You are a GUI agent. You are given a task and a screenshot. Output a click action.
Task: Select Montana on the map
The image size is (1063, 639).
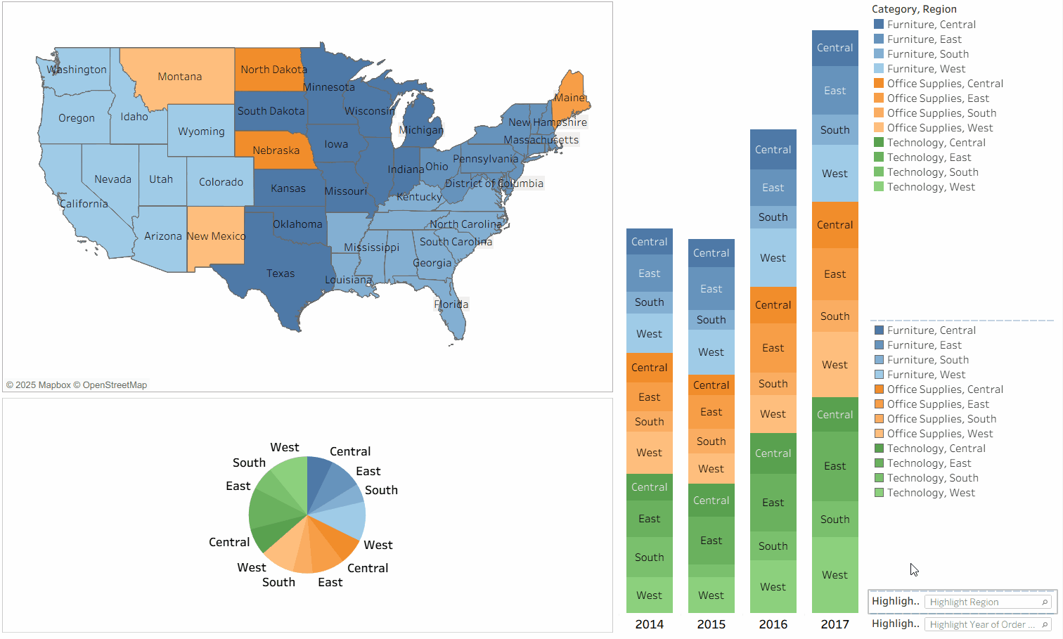(180, 77)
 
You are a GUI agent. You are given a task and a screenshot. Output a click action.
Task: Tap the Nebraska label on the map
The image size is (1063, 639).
(276, 150)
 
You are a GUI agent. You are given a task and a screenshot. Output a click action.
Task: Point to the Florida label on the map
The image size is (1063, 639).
(451, 304)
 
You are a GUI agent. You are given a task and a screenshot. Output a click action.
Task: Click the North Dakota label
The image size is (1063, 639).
(273, 70)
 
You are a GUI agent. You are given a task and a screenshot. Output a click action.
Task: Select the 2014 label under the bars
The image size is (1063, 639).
(649, 624)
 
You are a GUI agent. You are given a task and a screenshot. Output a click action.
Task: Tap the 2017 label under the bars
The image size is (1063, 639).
(835, 624)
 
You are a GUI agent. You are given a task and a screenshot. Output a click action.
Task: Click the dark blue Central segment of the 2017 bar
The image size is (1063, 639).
(835, 48)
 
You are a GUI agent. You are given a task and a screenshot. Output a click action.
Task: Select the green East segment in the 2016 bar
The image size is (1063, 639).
(773, 503)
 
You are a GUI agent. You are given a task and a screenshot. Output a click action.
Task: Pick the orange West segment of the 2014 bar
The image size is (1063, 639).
(649, 453)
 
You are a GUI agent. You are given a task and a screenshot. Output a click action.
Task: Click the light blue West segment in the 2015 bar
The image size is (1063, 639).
(711, 352)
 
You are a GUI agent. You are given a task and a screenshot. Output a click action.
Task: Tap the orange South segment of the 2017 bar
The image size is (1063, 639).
(835, 316)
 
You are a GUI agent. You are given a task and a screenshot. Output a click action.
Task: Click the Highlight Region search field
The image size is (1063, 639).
(984, 602)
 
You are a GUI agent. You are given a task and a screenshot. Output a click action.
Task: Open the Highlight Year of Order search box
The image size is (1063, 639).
(984, 625)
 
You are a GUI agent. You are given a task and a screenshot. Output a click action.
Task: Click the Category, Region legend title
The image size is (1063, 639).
(914, 9)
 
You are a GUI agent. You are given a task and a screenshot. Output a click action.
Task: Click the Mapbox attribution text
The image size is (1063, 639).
(77, 385)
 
